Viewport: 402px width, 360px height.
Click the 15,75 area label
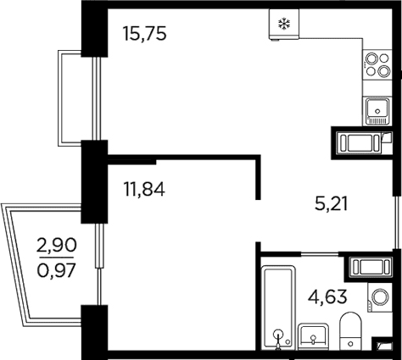click(144, 34)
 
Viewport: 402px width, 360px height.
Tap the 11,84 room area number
click(144, 189)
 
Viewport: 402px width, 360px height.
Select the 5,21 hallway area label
click(331, 204)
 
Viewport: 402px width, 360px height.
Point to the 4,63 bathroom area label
click(327, 297)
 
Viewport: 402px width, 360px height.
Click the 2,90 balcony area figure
click(57, 245)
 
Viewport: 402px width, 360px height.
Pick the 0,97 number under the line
click(57, 270)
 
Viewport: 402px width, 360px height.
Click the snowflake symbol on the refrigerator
click(284, 24)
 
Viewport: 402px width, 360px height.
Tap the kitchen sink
click(377, 111)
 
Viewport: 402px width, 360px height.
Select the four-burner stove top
click(377, 65)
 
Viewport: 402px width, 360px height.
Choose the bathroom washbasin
click(313, 337)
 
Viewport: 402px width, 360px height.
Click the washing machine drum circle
click(380, 297)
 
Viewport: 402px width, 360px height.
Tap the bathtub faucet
click(278, 339)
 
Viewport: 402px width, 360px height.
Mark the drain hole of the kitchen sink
click(377, 111)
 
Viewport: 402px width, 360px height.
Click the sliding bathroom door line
click(320, 254)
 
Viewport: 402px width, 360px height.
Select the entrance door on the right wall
click(397, 223)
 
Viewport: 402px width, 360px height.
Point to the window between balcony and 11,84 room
click(98, 264)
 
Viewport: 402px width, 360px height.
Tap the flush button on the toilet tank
click(351, 344)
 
